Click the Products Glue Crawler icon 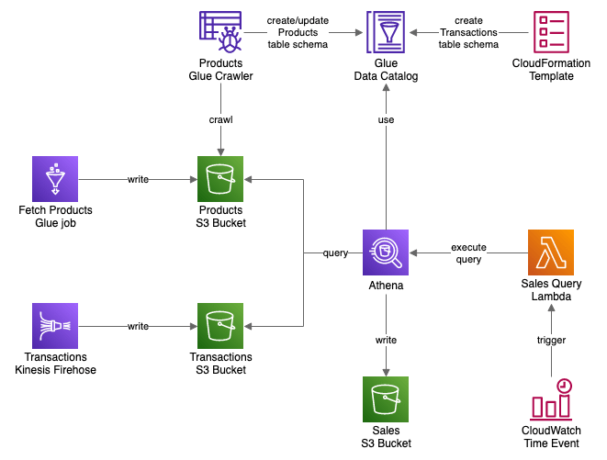220,33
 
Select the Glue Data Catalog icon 386,33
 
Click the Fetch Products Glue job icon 55,179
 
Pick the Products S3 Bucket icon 220,179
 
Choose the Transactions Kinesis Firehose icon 55,326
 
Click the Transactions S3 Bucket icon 220,326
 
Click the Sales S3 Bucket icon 386,399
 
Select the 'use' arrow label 386,119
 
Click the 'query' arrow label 335,252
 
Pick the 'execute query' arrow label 468,253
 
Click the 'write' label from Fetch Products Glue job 138,179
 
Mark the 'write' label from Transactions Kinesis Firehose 138,326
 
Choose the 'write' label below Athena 386,340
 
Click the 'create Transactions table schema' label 468,32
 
